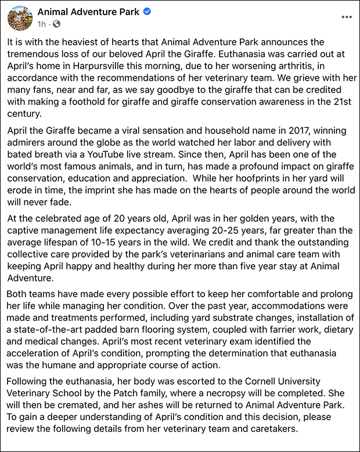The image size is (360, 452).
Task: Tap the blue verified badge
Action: click(x=147, y=12)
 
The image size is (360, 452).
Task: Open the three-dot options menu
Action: click(x=347, y=17)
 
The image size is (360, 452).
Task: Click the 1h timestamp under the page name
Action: click(x=42, y=24)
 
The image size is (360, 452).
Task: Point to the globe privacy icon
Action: click(x=56, y=24)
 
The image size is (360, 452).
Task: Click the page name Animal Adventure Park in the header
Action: click(x=88, y=12)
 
